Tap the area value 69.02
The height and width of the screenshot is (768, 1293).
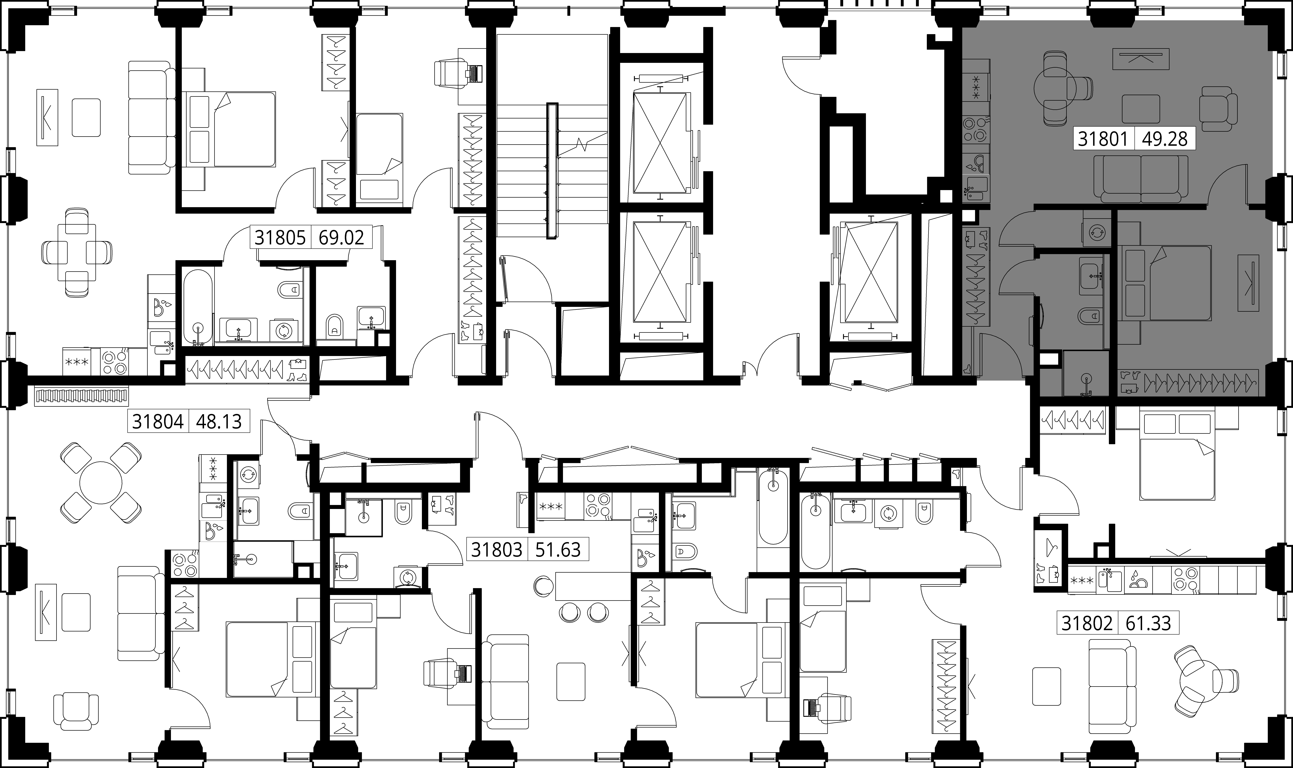point(341,238)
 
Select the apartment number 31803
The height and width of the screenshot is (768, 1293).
point(497,549)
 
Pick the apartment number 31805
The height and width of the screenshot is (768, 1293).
point(280,238)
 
